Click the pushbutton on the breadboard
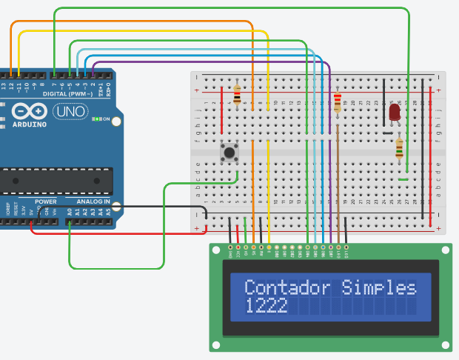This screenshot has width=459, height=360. pos(230,153)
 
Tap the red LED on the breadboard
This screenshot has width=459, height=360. pos(395,113)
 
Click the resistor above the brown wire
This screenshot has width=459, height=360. pos(338,101)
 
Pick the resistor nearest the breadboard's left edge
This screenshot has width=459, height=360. pos(237,95)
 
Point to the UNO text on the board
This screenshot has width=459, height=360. pos(70,112)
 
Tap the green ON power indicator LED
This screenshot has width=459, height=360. pos(96,119)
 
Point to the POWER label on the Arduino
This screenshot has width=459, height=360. pos(46,201)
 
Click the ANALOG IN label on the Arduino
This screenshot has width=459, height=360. pos(93,201)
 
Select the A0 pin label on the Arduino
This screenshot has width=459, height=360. pos(70,211)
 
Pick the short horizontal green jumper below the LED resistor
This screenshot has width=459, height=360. pos(403,179)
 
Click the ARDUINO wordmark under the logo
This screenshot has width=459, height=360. pos(30,124)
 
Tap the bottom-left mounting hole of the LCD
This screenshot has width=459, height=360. pos(217,344)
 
